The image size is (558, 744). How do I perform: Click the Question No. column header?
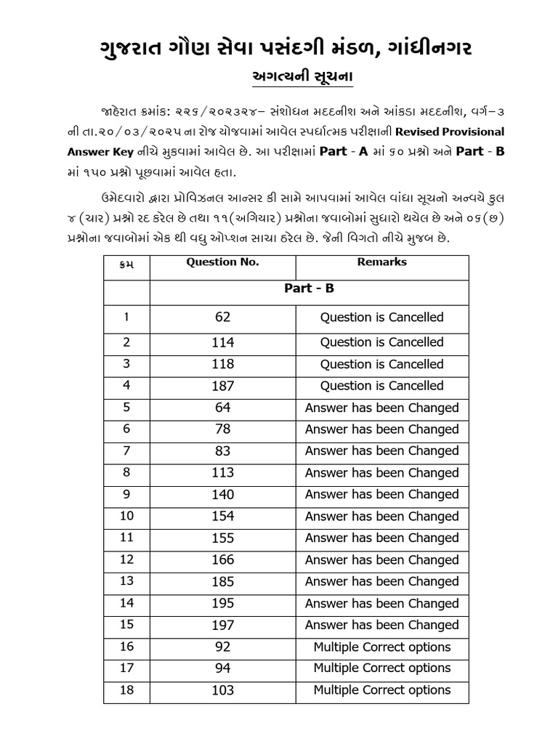coord(222,262)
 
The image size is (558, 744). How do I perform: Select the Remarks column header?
coord(382,262)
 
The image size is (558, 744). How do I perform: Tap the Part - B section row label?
coord(309,288)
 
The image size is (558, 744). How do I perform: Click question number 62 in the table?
coord(222,318)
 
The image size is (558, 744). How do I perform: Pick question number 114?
coord(222,342)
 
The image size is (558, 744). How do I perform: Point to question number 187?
coord(222,386)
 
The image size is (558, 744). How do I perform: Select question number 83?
coord(222,451)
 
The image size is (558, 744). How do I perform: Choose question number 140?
coord(222,495)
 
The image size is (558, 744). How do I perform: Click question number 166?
coord(222,560)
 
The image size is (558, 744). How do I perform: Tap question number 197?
coord(222,626)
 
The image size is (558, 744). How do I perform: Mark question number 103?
coord(222,690)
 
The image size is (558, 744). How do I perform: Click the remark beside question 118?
coord(382,364)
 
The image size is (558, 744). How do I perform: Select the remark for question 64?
coord(382,408)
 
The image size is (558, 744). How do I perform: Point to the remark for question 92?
coord(382,647)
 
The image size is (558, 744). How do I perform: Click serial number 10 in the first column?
coord(127,517)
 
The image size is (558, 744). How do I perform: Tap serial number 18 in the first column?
coord(127,690)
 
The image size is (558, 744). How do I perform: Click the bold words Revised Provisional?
coord(443,132)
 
